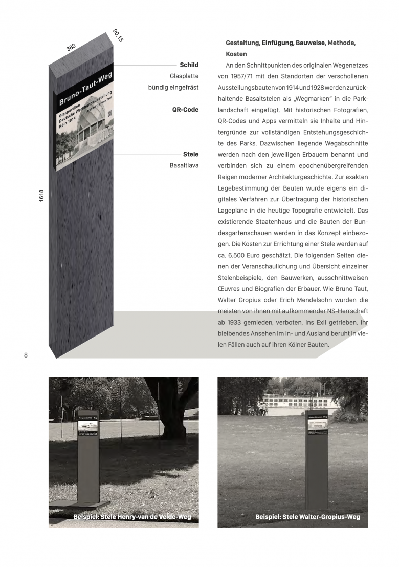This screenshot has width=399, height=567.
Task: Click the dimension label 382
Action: (x=71, y=47)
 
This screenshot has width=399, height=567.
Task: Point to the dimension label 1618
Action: (x=41, y=196)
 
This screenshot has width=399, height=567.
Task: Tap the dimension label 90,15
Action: (x=118, y=35)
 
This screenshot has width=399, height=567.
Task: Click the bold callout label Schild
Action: (x=189, y=65)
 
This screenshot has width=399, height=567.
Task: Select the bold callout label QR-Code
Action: (x=185, y=110)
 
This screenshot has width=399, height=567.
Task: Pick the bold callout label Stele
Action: (x=191, y=154)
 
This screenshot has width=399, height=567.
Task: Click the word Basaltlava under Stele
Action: (x=184, y=165)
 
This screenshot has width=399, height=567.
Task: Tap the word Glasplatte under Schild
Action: (x=184, y=76)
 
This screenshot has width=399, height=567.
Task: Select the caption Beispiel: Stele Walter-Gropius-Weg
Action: (x=307, y=517)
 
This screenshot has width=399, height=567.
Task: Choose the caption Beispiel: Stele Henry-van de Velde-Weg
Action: (x=132, y=517)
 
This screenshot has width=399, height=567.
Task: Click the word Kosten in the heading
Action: (x=236, y=54)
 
